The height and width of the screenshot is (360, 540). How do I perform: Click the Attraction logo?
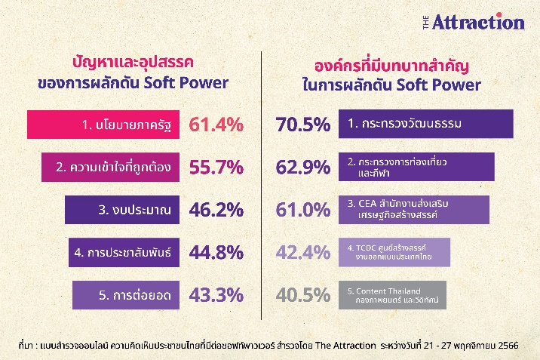click(x=474, y=22)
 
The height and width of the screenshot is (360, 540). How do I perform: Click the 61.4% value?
click(x=216, y=125)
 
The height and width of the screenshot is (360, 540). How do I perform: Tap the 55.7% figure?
click(x=216, y=167)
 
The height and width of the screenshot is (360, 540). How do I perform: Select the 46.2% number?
click(x=216, y=210)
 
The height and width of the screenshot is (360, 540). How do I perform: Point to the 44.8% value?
click(x=216, y=253)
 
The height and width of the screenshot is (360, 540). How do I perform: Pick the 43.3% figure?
click(x=216, y=295)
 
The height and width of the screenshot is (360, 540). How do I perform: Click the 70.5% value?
click(x=303, y=125)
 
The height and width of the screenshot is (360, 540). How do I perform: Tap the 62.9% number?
click(x=303, y=167)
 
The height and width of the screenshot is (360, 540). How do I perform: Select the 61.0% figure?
click(x=303, y=210)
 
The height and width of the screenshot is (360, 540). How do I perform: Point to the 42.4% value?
click(x=303, y=253)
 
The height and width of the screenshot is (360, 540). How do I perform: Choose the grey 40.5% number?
click(x=303, y=295)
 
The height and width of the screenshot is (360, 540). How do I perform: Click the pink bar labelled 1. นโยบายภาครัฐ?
click(x=103, y=125)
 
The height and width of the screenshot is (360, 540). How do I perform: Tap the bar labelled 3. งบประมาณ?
click(x=122, y=210)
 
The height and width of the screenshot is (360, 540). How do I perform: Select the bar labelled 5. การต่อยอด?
click(x=126, y=295)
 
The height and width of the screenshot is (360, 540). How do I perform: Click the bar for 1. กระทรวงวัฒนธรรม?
click(x=426, y=124)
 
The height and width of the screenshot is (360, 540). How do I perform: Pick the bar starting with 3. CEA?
click(x=414, y=210)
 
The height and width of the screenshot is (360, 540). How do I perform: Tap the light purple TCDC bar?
click(x=394, y=252)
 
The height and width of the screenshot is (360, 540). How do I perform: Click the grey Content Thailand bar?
click(x=393, y=295)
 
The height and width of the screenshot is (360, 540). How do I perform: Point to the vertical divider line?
click(x=262, y=186)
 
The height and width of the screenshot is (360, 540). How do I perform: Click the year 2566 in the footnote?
click(x=508, y=345)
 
